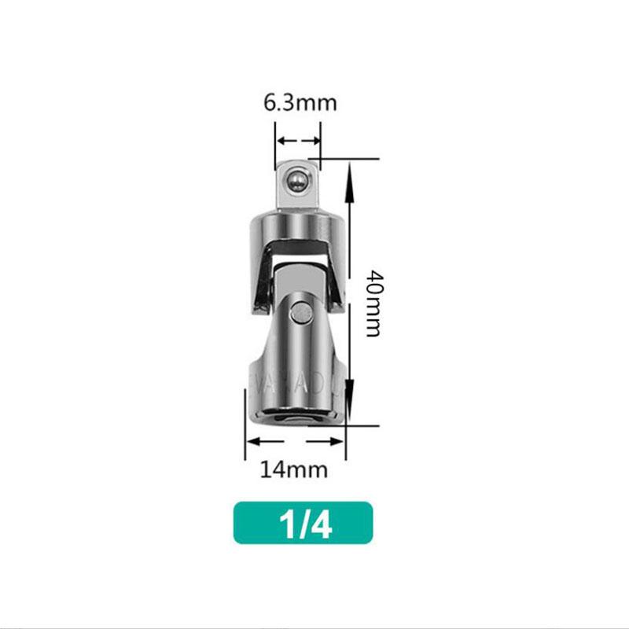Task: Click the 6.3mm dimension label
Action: coord(299,103)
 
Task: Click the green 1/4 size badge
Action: coord(303,523)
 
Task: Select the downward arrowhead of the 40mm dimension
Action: coord(351,410)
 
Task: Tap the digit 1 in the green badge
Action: coord(289,523)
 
